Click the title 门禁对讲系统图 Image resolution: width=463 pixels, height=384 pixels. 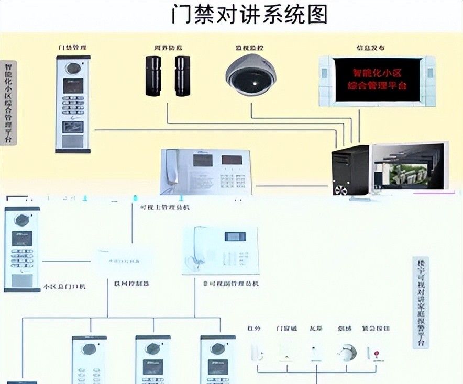tap(249, 14)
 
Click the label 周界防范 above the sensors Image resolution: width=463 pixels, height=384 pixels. tap(168, 48)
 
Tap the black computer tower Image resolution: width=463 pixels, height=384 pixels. tap(350, 170)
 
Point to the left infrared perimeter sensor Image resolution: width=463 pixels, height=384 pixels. tap(153, 75)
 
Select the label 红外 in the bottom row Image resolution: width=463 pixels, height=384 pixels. tap(254, 329)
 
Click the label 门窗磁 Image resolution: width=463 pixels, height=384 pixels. tap(286, 329)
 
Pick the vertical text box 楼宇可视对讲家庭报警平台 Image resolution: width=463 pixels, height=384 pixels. tap(420, 303)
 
